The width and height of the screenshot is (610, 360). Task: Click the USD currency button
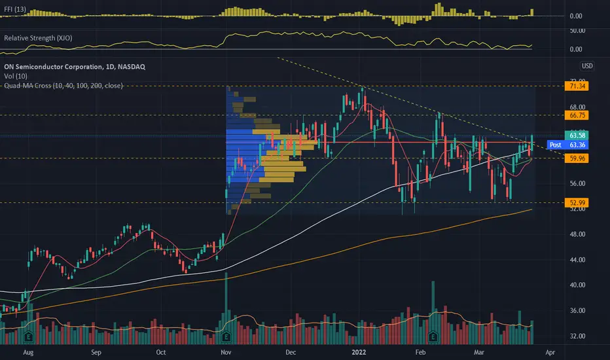coord(587,65)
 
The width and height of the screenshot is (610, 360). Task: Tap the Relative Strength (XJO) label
coord(37,39)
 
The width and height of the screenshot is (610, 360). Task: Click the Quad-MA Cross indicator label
coord(63,85)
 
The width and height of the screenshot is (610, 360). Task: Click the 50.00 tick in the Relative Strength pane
coord(577,31)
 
